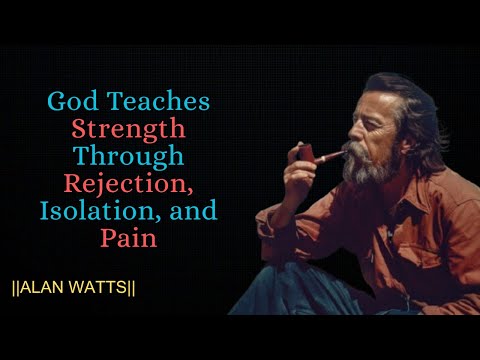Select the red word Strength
click(128, 129)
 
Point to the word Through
click(128, 157)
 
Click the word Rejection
click(128, 185)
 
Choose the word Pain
click(128, 240)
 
